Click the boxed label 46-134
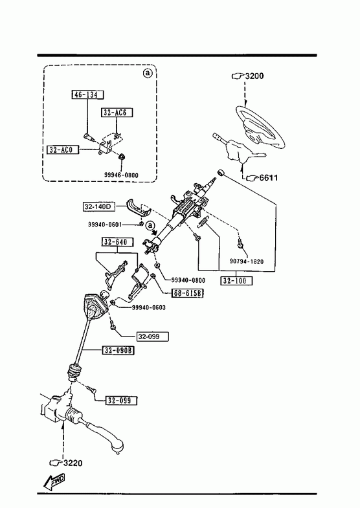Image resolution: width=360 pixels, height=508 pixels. [87, 94]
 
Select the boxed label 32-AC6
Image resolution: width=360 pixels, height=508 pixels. [117, 113]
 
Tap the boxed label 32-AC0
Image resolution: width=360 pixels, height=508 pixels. [63, 149]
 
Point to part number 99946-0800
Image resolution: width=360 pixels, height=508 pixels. [121, 175]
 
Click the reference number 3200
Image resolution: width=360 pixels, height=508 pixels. [254, 76]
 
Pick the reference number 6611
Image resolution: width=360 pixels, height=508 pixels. [269, 177]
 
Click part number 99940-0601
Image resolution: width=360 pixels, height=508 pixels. [105, 224]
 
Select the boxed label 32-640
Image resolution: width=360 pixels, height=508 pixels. [116, 242]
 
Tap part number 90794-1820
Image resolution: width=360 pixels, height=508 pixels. [247, 261]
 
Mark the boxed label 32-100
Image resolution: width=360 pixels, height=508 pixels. [236, 281]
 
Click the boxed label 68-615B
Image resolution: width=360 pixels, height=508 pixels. [188, 293]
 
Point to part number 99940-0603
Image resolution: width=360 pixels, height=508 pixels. [148, 307]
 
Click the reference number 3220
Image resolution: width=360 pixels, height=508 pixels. [73, 463]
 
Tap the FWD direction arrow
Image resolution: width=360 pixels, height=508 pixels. [54, 481]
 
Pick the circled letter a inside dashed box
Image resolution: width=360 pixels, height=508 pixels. [148, 73]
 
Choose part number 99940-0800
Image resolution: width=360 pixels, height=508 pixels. [188, 280]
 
